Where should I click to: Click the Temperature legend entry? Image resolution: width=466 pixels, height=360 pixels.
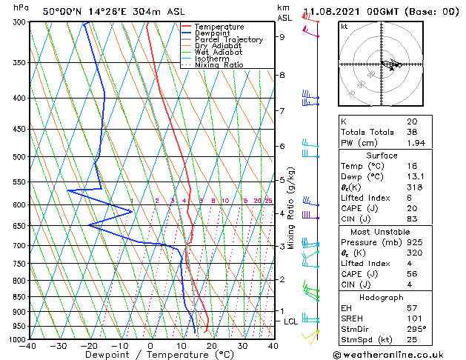(x=220, y=27)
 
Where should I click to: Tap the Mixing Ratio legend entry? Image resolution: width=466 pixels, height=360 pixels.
(x=219, y=65)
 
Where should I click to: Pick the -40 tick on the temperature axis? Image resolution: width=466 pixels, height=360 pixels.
(x=28, y=345)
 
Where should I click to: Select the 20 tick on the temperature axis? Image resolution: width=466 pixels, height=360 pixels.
(x=212, y=345)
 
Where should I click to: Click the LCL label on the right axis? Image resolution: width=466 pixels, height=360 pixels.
(x=290, y=321)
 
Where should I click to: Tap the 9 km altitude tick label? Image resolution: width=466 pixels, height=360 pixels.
(x=282, y=36)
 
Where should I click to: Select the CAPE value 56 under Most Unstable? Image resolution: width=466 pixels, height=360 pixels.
(x=411, y=273)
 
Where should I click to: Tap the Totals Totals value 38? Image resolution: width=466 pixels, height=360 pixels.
(x=411, y=131)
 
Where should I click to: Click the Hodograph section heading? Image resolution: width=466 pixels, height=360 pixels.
(x=382, y=296)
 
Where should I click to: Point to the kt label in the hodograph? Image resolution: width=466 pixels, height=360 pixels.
(x=344, y=27)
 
